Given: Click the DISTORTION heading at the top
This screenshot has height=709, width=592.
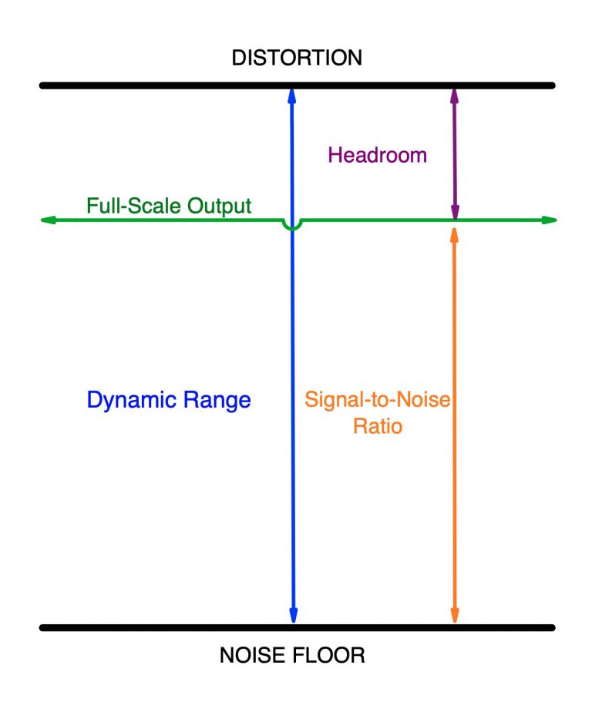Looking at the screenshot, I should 297,58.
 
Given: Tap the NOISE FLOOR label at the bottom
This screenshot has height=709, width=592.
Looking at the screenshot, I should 292,657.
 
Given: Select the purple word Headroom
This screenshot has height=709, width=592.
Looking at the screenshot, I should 377,155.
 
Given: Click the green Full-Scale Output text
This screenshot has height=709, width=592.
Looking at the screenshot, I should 169,206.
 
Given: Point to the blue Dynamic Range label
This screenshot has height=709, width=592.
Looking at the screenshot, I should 168,401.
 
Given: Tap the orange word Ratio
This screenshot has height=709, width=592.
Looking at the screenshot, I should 378,426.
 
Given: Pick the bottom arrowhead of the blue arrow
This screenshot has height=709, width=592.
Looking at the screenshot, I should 293,616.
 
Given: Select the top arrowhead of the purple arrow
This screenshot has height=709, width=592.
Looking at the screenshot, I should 455,94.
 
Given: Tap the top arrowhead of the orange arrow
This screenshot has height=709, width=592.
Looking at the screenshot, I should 455,229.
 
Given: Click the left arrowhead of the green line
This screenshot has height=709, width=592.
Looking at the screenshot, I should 47,220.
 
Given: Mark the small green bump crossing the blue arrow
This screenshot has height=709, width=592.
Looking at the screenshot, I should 292,227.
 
